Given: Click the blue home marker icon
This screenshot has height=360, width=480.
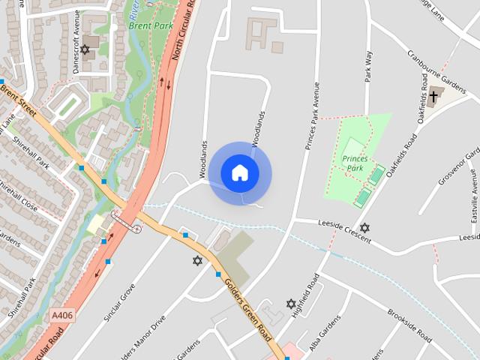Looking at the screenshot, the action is pyautogui.click(x=240, y=172).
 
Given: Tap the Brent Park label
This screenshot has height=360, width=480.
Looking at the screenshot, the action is pyautogui.click(x=151, y=25).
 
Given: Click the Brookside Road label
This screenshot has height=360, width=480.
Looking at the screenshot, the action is pyautogui.click(x=409, y=323).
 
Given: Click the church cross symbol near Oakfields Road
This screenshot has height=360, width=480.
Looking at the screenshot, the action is pyautogui.click(x=433, y=95).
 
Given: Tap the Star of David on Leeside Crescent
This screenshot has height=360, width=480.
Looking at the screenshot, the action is pyautogui.click(x=365, y=227).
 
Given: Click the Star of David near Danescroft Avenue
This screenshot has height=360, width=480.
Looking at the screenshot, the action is pyautogui.click(x=85, y=49).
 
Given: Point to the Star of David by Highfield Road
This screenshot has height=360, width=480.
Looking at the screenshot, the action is pyautogui.click(x=291, y=304).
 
